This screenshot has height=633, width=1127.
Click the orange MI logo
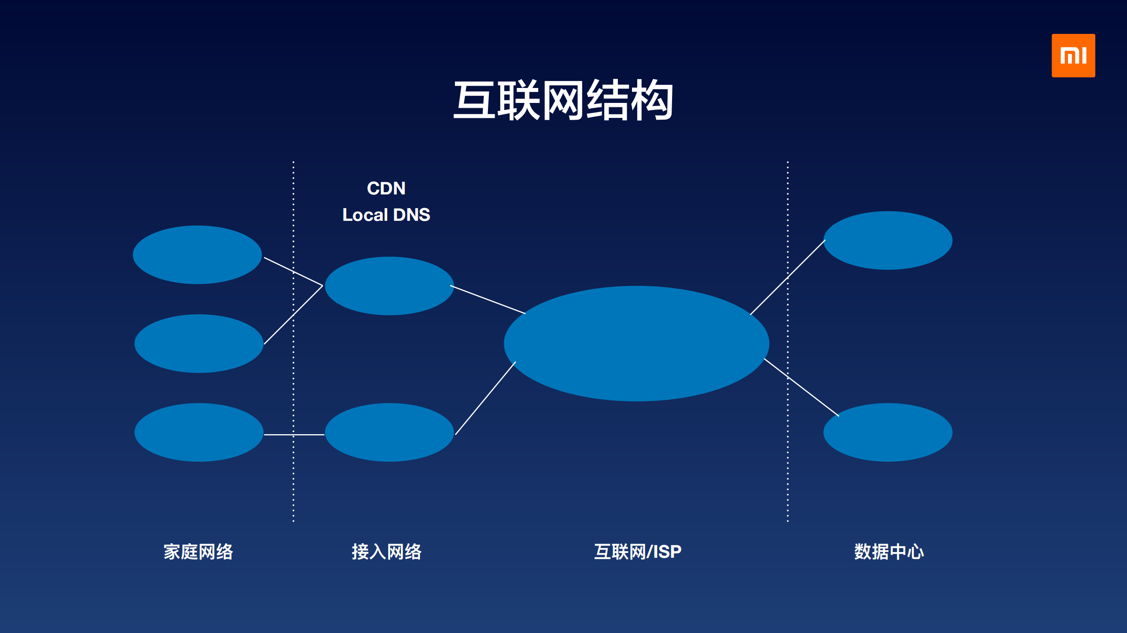(x=1073, y=55)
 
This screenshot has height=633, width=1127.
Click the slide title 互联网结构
(x=563, y=101)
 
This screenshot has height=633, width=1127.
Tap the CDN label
(x=386, y=188)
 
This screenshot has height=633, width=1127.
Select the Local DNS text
(x=386, y=215)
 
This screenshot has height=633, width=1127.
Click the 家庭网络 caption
(x=198, y=552)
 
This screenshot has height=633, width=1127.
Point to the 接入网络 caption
(x=386, y=552)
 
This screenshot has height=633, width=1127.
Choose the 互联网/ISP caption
(x=637, y=552)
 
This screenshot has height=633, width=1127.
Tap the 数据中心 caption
(x=889, y=552)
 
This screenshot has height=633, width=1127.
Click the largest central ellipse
(x=636, y=343)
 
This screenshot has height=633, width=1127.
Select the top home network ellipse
(x=197, y=255)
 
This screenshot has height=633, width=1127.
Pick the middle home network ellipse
(x=199, y=344)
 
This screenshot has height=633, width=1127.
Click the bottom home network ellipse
(x=199, y=432)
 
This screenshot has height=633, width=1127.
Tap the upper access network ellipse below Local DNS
(x=389, y=286)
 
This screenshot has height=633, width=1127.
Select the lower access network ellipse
(x=389, y=432)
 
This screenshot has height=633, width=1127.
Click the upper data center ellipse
(x=888, y=240)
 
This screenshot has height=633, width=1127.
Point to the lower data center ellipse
(x=888, y=432)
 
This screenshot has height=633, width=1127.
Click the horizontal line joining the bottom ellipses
(x=294, y=435)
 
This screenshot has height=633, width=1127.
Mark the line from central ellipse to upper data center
(x=787, y=278)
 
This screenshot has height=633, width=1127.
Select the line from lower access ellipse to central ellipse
(x=485, y=398)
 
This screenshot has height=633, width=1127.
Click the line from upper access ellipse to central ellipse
(x=488, y=300)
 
